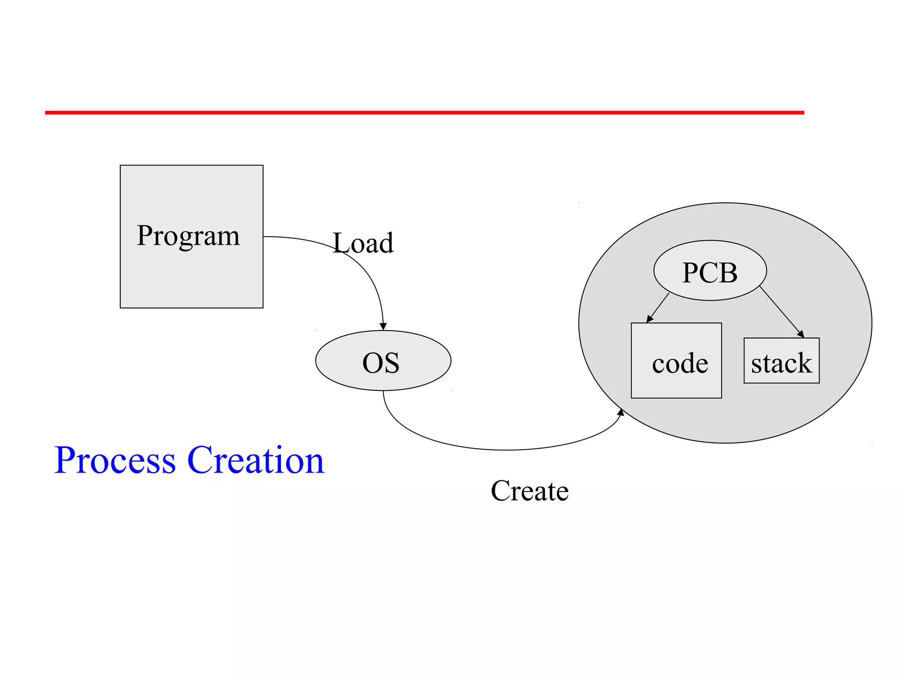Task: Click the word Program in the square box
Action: pos(188,236)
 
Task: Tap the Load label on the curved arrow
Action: pos(363,243)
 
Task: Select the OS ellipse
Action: pos(383,361)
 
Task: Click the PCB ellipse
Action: pos(710,271)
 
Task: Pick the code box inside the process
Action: pos(676,361)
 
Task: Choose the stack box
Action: pos(781,361)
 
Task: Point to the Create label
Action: pos(529,491)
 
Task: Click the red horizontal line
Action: pos(425,113)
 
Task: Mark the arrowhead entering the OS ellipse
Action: pos(383,327)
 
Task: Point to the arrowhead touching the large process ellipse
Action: pos(621,412)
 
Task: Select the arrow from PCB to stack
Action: pos(781,312)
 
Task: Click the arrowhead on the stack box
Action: pos(801,334)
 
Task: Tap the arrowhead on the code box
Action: pos(649,320)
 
